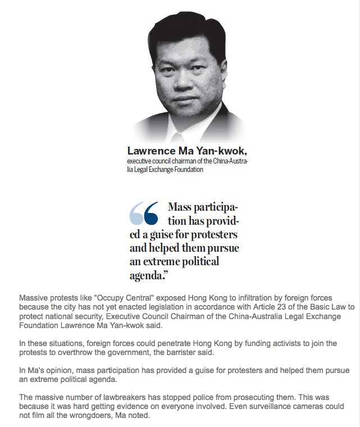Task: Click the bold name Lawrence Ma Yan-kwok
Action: tap(187, 151)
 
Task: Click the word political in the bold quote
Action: tap(196, 261)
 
